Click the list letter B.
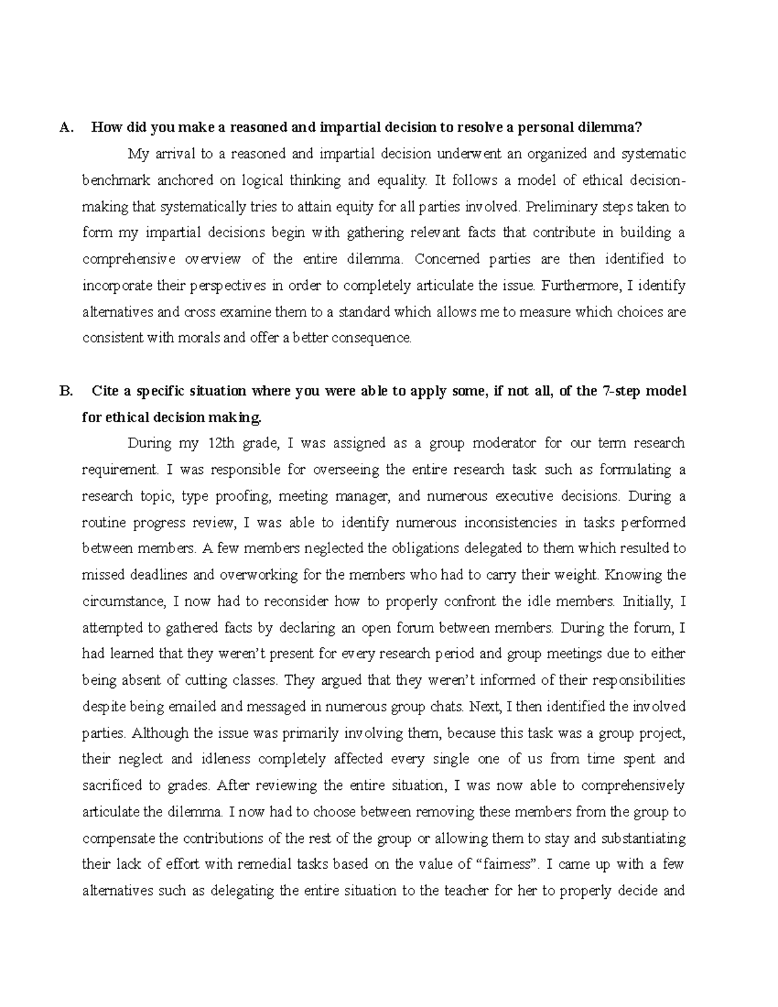point(63,391)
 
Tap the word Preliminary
point(557,207)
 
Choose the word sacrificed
point(112,785)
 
